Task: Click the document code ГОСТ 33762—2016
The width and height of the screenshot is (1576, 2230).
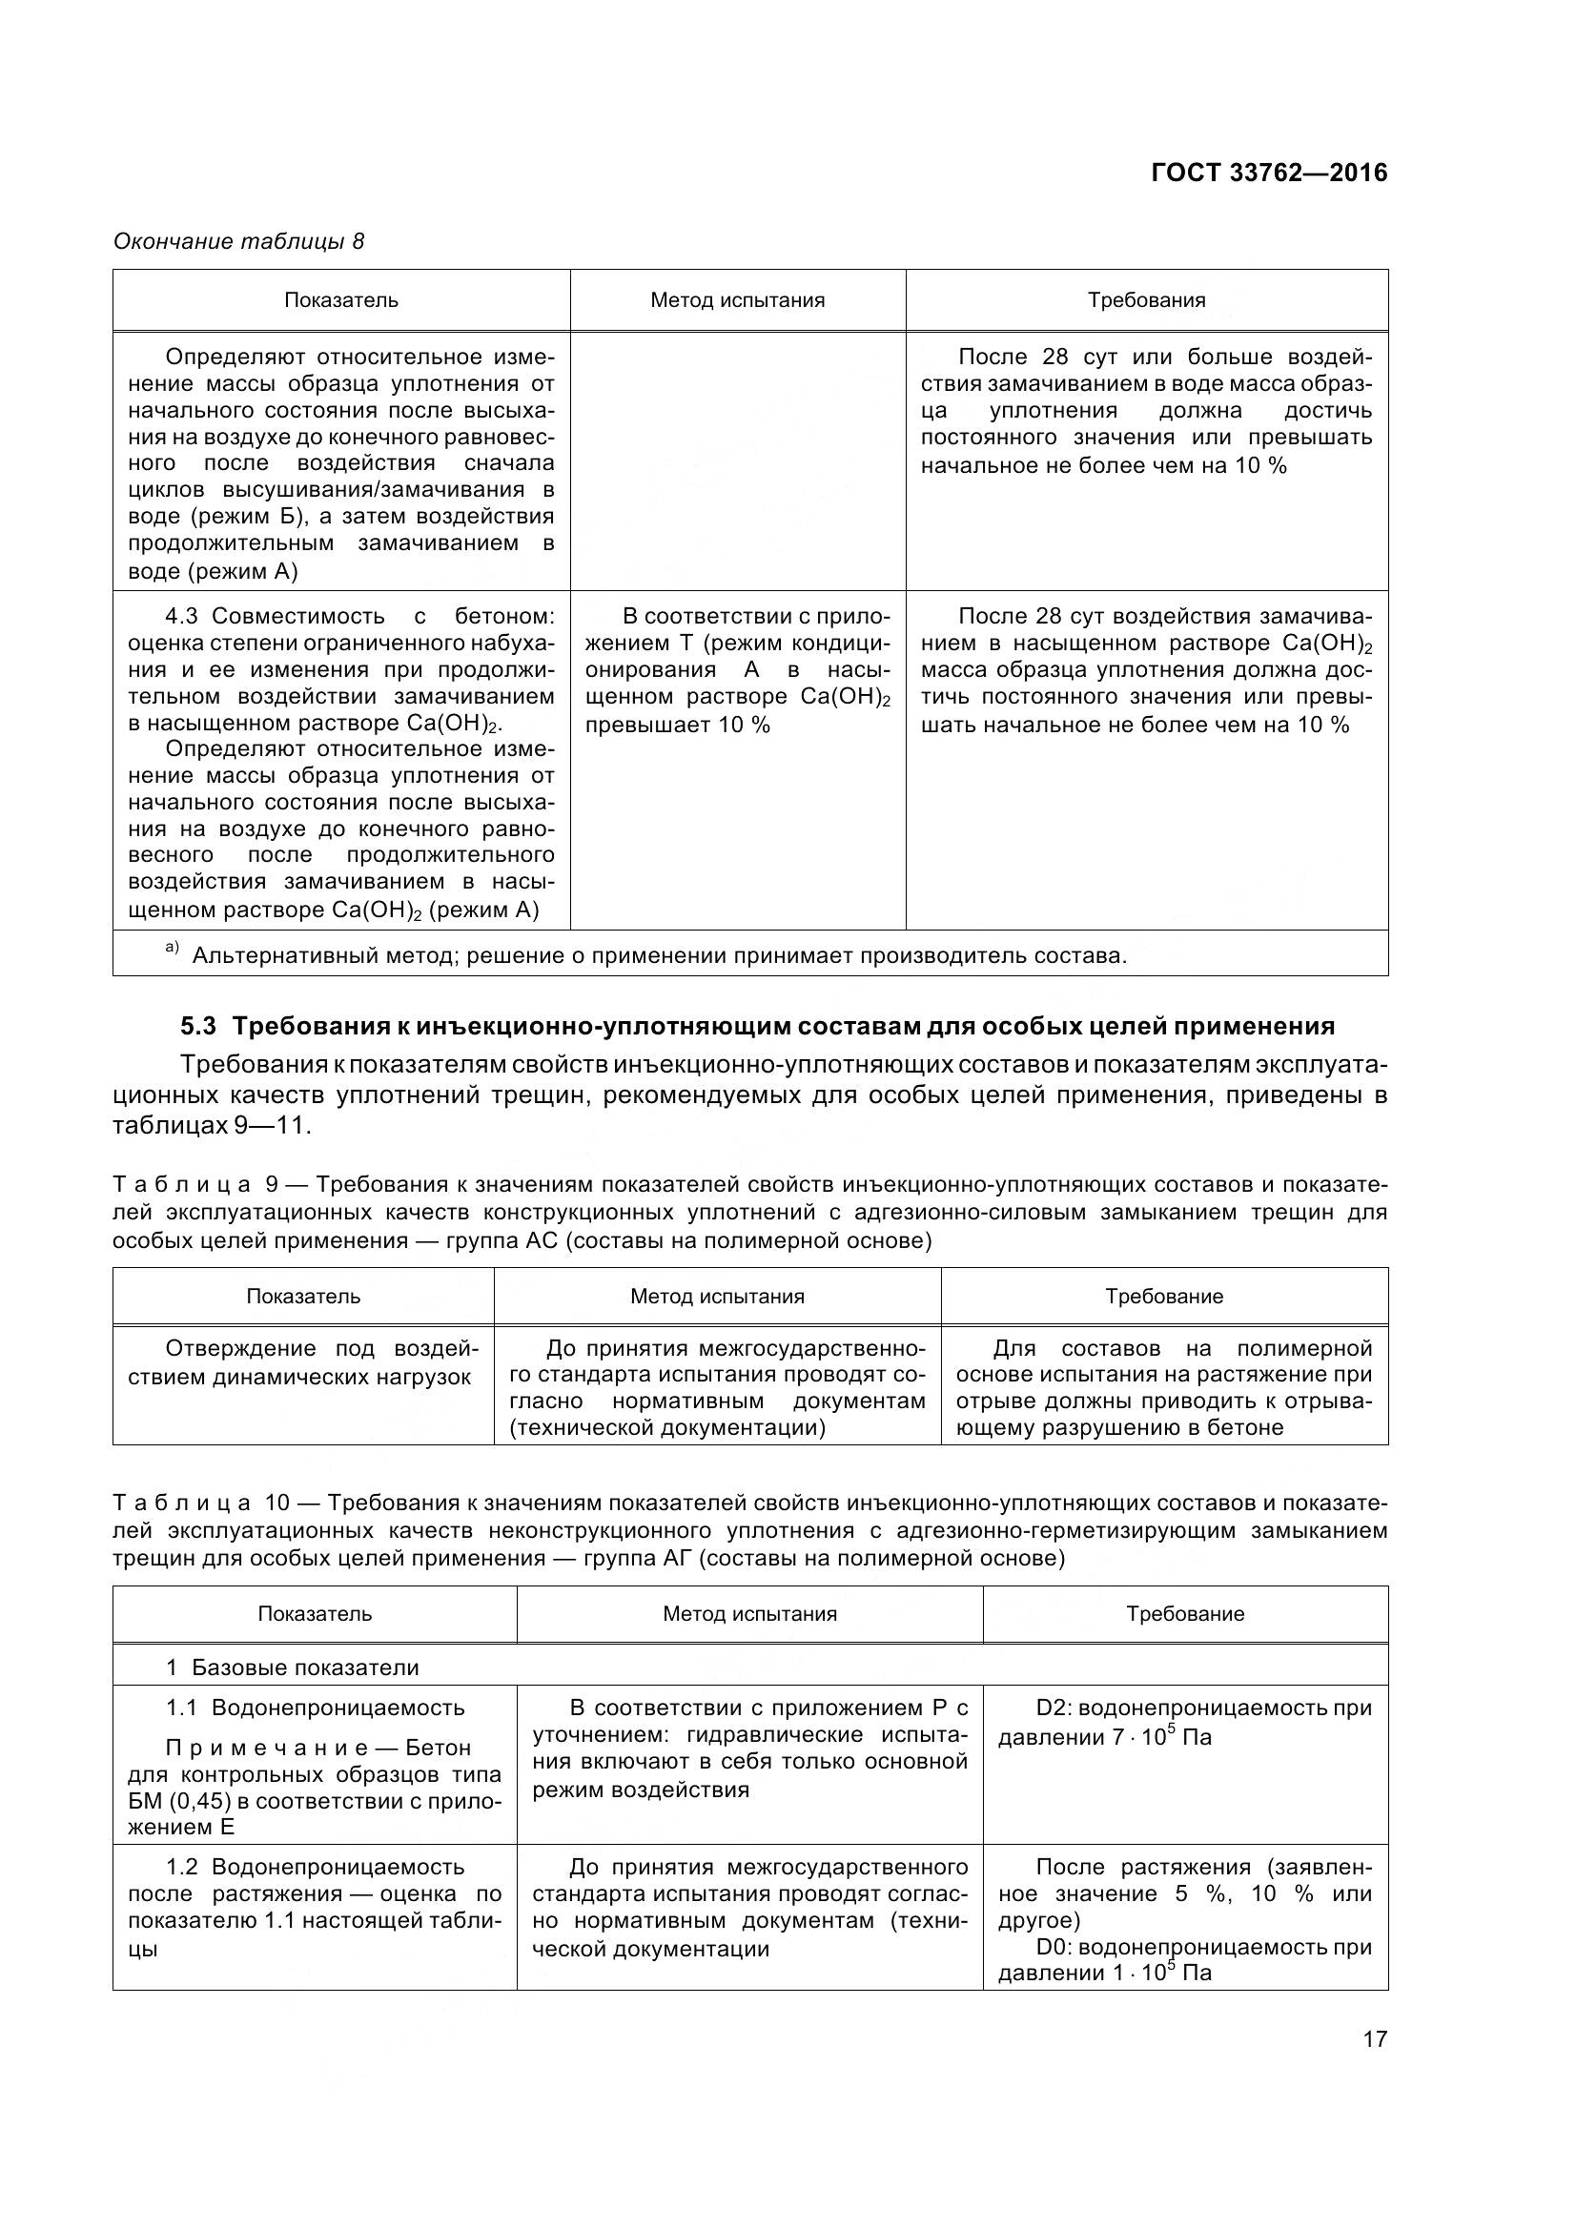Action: [1268, 173]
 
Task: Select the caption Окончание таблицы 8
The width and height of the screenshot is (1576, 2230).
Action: [239, 241]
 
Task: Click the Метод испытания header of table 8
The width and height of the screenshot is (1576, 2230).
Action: [737, 300]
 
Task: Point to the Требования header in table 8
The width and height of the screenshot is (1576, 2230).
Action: [1146, 300]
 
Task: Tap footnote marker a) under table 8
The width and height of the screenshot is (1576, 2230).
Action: [172, 948]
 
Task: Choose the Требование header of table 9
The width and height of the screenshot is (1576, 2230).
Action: [1163, 1296]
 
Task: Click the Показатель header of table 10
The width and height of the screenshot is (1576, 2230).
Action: [315, 1613]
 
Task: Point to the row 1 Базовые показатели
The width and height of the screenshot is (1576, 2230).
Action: [292, 1667]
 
